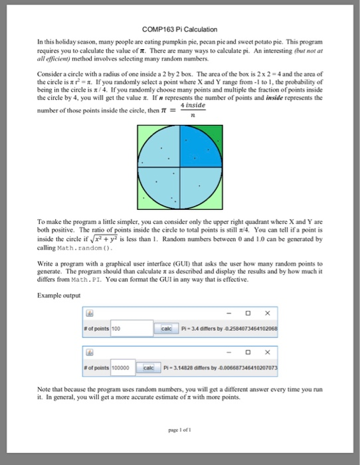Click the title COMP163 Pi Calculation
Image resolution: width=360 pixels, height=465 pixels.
tap(180, 28)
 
